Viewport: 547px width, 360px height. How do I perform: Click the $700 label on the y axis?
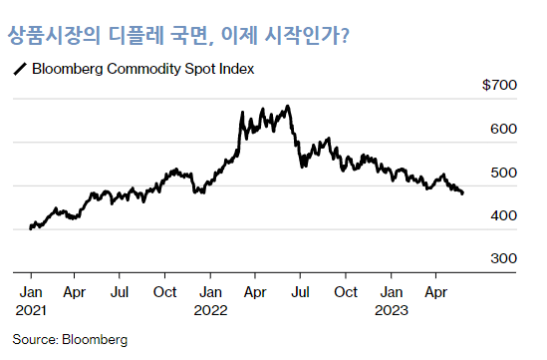[498, 87]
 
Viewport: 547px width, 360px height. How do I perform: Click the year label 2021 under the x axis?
[31, 310]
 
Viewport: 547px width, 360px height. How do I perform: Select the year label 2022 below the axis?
[210, 310]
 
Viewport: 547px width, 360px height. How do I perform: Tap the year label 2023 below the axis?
[391, 310]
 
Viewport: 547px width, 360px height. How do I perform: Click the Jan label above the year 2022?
[209, 293]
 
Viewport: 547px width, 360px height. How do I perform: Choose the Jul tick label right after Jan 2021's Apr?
[119, 293]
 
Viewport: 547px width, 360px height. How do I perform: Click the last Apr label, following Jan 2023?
[434, 293]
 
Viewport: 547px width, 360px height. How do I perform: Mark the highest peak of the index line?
[288, 106]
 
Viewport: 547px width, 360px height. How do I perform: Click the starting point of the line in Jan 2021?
[31, 228]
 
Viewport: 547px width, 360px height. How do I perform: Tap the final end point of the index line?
[462, 193]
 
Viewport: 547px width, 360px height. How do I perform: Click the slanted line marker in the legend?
[18, 70]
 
